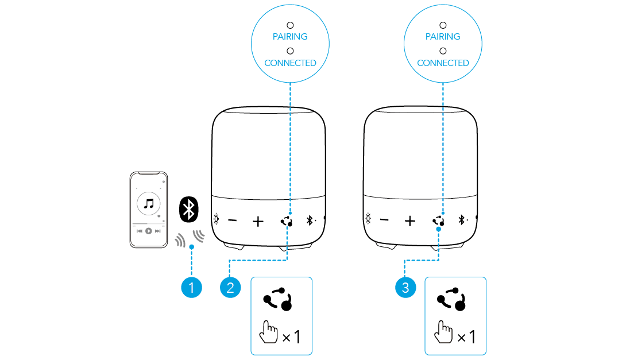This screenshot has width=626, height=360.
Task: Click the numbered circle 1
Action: pos(191,287)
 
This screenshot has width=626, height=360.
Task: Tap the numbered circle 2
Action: pos(230,287)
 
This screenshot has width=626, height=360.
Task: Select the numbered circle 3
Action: pos(405,287)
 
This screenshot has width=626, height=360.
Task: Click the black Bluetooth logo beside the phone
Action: pos(188,209)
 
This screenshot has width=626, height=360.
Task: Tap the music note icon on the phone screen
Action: pos(149,203)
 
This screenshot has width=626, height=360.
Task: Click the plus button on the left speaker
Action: pos(258,220)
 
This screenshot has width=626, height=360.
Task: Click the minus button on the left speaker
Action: pos(233,220)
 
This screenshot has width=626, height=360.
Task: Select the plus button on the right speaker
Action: pos(410,220)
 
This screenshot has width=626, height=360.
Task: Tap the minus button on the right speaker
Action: pos(385,220)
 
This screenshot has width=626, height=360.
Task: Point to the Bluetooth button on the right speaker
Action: pos(462,220)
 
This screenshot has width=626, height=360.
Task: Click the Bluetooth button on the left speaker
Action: pos(311,220)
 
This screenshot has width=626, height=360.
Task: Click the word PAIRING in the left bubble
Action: pos(290,37)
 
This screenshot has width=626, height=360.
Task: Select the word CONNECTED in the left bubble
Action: pos(290,63)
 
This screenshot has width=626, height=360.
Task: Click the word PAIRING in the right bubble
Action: pos(443,37)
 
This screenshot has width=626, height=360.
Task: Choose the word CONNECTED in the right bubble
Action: pos(443,63)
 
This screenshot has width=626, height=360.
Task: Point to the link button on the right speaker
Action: pos(438,220)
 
